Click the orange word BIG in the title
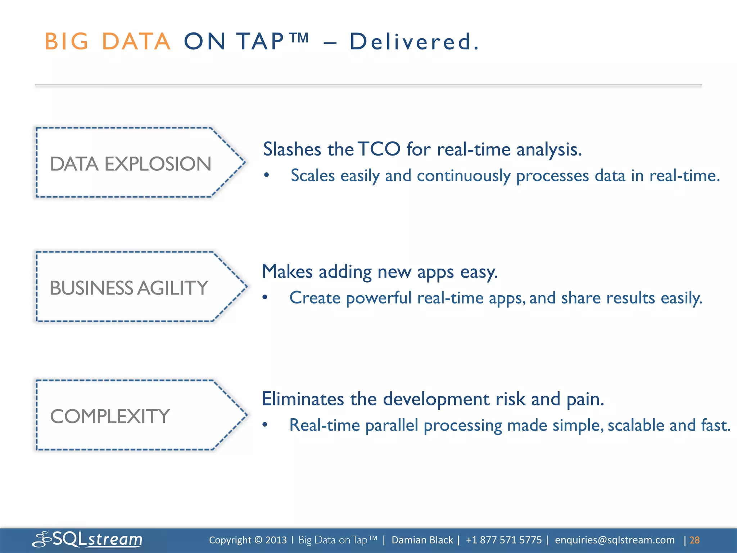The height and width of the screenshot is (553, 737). [x=67, y=41]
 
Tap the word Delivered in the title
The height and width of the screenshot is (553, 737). [x=414, y=41]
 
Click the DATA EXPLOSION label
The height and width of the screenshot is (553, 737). [x=130, y=164]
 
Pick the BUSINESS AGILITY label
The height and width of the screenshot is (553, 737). [x=129, y=288]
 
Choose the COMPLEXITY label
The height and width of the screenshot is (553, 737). [x=110, y=417]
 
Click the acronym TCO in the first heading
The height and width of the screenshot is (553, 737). [x=379, y=149]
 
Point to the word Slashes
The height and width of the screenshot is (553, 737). [x=292, y=149]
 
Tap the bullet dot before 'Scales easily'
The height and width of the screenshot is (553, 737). [x=266, y=175]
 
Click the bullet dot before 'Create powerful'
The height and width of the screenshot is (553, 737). [x=265, y=298]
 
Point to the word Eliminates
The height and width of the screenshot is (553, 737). [x=303, y=399]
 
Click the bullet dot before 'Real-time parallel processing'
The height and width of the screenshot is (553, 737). [x=265, y=425]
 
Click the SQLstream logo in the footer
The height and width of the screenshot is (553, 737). [x=87, y=539]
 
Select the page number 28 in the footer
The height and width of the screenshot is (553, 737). [x=694, y=540]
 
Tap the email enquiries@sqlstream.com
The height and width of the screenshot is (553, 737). [x=615, y=540]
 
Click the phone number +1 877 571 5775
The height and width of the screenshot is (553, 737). [x=503, y=540]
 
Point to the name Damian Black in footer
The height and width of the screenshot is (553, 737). [x=422, y=540]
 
